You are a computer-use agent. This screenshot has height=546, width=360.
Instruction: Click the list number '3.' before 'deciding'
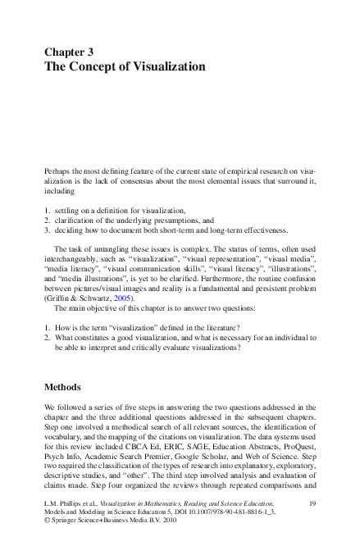tap(48, 230)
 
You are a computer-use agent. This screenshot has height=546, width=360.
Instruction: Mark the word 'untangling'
tap(104, 246)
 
